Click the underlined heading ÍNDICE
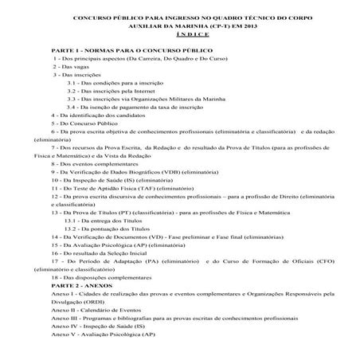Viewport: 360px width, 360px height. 180,36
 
